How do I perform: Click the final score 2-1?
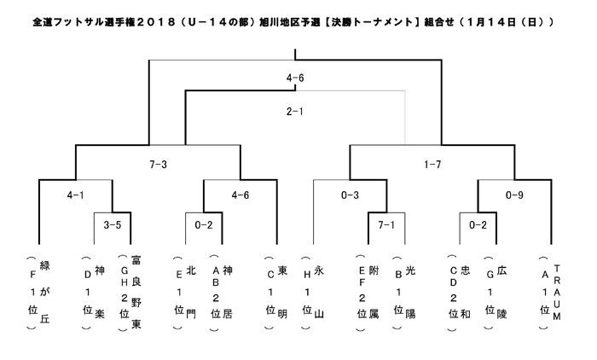coord(295,112)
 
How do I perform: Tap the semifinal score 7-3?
coord(158,165)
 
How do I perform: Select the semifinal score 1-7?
coord(432,165)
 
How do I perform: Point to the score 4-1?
coord(75,195)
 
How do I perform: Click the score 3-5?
coord(113,225)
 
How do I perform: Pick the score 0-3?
coord(350,195)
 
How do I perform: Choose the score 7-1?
coord(386,225)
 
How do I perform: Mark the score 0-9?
coord(514,195)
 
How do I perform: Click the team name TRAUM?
coord(557,293)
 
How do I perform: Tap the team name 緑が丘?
coord(45,292)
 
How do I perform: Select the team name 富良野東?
coord(136,292)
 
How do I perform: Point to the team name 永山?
coord(319,292)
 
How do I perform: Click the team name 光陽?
coord(410,292)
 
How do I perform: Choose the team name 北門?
coord(191,292)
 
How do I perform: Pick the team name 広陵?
coord(501,292)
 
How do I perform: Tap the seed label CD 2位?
coord(454,292)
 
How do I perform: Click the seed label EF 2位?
coord(362,292)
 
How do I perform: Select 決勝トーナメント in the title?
coord(372,22)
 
